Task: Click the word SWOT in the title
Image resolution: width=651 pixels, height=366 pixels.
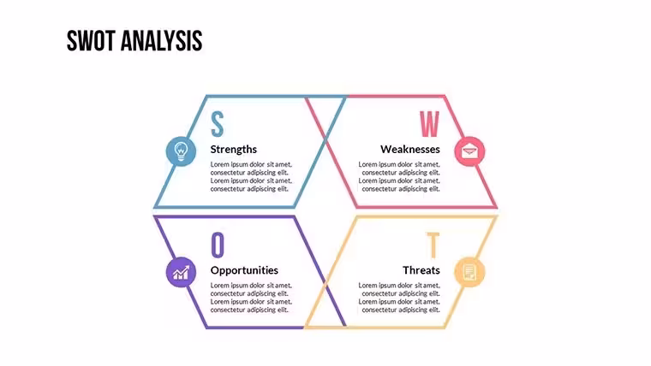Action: (x=91, y=41)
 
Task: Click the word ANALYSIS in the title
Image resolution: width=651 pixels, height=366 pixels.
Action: (x=162, y=41)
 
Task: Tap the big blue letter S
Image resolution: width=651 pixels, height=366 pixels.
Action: (x=217, y=124)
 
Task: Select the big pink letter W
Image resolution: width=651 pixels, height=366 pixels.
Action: (x=429, y=124)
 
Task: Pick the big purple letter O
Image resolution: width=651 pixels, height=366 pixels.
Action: (x=218, y=245)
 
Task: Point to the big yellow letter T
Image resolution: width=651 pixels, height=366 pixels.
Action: (x=433, y=245)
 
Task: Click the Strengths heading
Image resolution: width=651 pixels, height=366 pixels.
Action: (x=233, y=149)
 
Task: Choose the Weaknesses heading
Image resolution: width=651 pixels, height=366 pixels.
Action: (x=409, y=149)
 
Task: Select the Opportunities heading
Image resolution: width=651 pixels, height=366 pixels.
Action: (x=244, y=270)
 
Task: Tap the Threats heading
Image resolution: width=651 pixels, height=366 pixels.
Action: (x=421, y=270)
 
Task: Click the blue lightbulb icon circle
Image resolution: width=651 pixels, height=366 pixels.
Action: (x=181, y=151)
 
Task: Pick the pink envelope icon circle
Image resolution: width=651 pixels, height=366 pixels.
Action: (x=469, y=151)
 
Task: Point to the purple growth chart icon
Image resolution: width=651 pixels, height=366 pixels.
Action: (x=181, y=272)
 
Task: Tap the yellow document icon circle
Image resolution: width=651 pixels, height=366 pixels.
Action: (x=469, y=272)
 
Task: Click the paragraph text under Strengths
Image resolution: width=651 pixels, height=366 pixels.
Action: (x=251, y=176)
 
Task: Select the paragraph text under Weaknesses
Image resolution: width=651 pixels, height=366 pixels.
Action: (x=399, y=176)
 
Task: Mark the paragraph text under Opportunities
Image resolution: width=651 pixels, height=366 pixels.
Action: (x=251, y=298)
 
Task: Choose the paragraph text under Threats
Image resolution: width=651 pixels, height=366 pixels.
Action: (x=399, y=298)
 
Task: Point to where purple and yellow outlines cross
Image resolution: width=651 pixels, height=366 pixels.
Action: (x=325, y=286)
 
